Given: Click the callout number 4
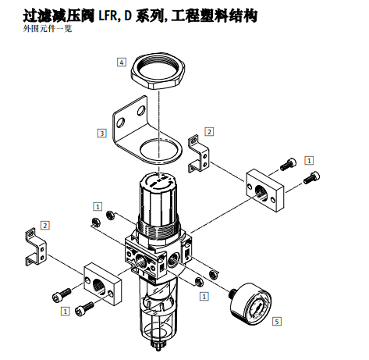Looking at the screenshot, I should click(x=122, y=61).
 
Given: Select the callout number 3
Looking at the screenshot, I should click(x=101, y=133).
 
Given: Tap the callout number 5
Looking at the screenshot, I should click(x=277, y=319).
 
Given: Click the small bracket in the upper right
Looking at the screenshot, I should click(x=200, y=155).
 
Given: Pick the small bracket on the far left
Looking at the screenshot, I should click(x=36, y=247).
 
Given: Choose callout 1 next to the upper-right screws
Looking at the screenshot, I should click(x=309, y=159).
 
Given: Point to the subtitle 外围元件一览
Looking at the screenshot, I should click(x=47, y=28).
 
